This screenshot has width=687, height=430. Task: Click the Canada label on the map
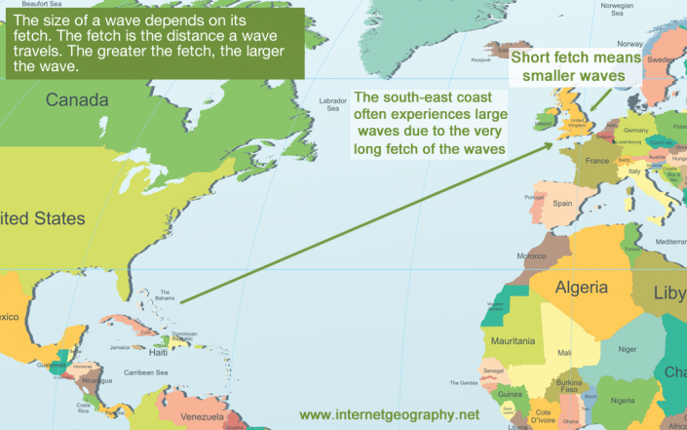[x=78, y=99]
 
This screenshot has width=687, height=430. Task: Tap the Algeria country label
[x=582, y=287]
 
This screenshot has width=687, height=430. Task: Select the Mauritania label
[x=513, y=340]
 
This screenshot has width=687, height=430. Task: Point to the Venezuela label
[x=210, y=418]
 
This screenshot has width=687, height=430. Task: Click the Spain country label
[x=562, y=204]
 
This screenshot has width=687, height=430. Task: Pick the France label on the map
[x=597, y=161]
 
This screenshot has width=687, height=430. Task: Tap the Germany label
[x=636, y=131]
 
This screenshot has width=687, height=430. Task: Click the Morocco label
[x=531, y=255]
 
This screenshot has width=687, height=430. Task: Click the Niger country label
[x=627, y=348]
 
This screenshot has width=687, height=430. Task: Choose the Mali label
[x=564, y=352]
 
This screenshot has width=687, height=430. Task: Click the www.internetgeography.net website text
[x=390, y=413]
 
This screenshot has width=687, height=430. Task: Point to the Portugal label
[x=533, y=198]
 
